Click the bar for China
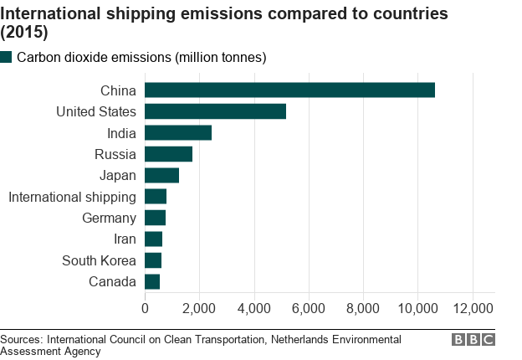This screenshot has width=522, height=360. tap(289, 90)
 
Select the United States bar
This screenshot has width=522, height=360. tap(215, 111)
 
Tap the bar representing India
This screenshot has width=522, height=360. tap(178, 132)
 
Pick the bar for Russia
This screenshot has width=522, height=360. tap(168, 154)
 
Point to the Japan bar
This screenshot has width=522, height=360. tap(161, 175)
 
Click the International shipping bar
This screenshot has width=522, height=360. tap(156, 197)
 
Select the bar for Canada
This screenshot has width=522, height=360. tap(152, 281)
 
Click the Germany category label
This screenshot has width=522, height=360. tap(109, 218)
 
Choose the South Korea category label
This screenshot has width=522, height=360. tap(99, 260)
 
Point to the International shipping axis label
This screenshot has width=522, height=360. tap(72, 197)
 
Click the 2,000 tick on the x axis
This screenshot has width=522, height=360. tap(199, 309)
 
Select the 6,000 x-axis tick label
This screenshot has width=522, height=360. tap(309, 309)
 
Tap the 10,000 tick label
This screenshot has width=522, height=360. tap(418, 309)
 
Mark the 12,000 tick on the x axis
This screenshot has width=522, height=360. tap(473, 309)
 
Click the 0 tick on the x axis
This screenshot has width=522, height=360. tap(145, 309)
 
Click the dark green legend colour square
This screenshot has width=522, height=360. tap(7, 57)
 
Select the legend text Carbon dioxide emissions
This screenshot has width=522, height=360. tap(141, 57)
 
